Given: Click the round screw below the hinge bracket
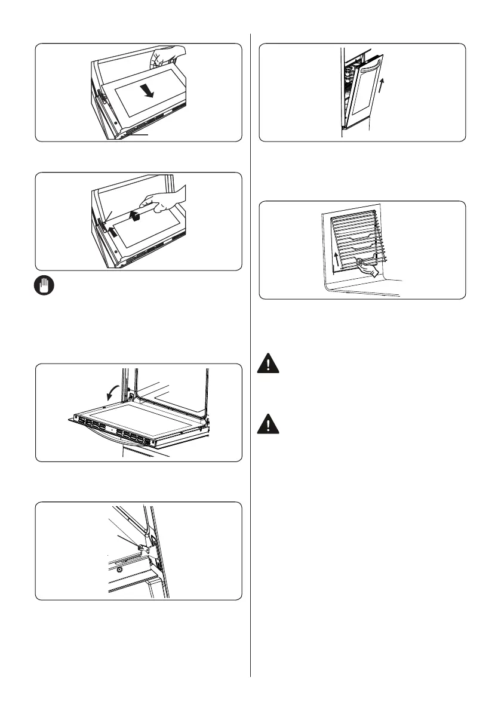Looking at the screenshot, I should pyautogui.click(x=120, y=570).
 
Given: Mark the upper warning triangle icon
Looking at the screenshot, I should pyautogui.click(x=269, y=365).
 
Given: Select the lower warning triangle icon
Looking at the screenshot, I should pyautogui.click(x=269, y=424).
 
